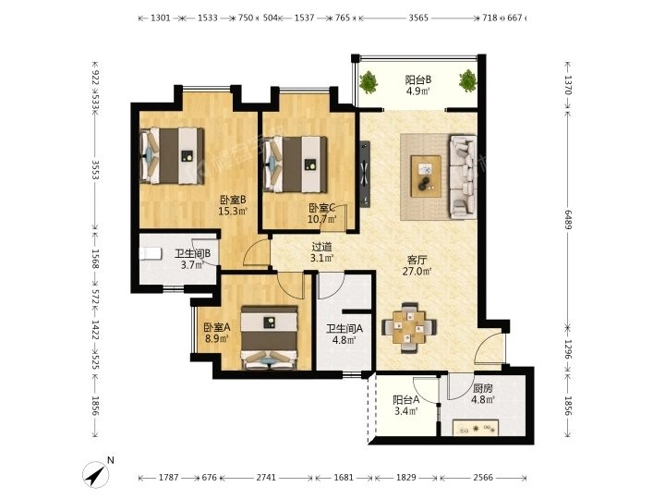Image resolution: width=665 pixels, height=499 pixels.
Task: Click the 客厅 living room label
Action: (417, 260)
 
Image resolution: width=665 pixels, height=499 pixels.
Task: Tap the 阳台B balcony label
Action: (418, 79)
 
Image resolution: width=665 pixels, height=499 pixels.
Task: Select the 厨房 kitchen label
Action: (483, 388)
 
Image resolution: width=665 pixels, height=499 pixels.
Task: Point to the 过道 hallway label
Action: (321, 247)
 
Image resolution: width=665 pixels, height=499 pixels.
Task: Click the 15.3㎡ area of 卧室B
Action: (233, 211)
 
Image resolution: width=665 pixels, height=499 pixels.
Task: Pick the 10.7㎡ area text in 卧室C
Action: (322, 219)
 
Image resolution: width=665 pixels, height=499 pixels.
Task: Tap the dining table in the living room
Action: (409, 327)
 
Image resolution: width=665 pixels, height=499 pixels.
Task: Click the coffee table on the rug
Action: (426, 176)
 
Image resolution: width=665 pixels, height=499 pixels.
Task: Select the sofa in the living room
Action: (463, 176)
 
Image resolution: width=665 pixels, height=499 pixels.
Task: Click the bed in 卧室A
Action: (269, 337)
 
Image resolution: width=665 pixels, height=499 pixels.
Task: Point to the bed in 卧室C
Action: (296, 164)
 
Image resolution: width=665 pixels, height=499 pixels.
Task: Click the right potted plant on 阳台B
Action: (467, 80)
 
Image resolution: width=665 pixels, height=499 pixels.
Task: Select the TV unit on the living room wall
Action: (365, 174)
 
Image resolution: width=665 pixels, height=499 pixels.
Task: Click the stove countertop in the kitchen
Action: (476, 427)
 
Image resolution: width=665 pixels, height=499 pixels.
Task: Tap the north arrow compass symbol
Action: (96, 474)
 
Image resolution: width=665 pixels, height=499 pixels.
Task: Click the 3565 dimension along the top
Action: (418, 18)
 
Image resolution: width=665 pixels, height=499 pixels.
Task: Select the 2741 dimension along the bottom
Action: (266, 478)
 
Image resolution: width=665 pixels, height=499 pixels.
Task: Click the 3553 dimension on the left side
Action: (95, 170)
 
